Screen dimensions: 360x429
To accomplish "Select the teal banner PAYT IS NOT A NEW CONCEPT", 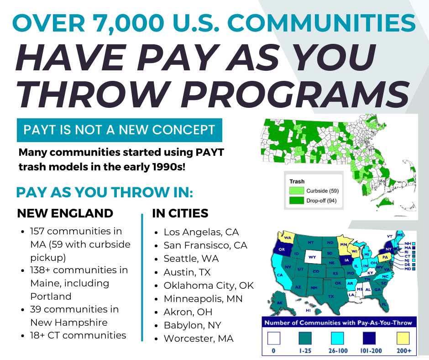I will (119, 130).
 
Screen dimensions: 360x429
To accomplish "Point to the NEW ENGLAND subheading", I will (65, 213).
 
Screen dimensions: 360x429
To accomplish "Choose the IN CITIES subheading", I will (180, 213).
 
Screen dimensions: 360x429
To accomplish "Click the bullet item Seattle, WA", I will (191, 259).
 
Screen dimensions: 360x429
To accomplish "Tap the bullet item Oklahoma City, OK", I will (209, 286).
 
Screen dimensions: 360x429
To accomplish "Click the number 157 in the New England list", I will (40, 231).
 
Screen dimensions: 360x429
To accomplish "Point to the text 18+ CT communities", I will (78, 335).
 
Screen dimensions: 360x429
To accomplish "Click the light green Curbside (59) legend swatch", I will (297, 191).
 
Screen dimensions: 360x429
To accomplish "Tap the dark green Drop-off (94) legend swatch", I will (297, 201).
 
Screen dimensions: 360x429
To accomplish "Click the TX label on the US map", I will (331, 296).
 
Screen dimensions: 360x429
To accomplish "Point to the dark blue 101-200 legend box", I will (371, 339).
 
